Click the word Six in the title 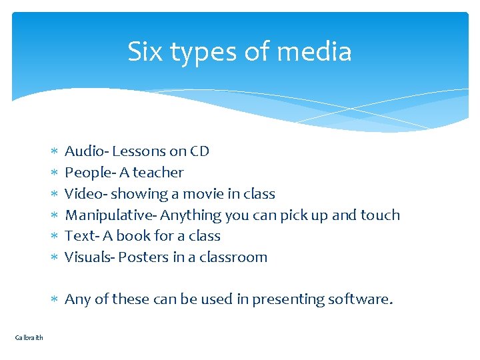(x=145, y=52)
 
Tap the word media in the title (x=317, y=52)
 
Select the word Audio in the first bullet (x=83, y=151)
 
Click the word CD (x=199, y=151)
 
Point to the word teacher (x=158, y=173)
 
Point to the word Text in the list (x=77, y=236)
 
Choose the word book (x=149, y=236)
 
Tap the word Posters (x=141, y=257)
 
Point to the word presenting (x=290, y=300)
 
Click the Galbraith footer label (x=29, y=337)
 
